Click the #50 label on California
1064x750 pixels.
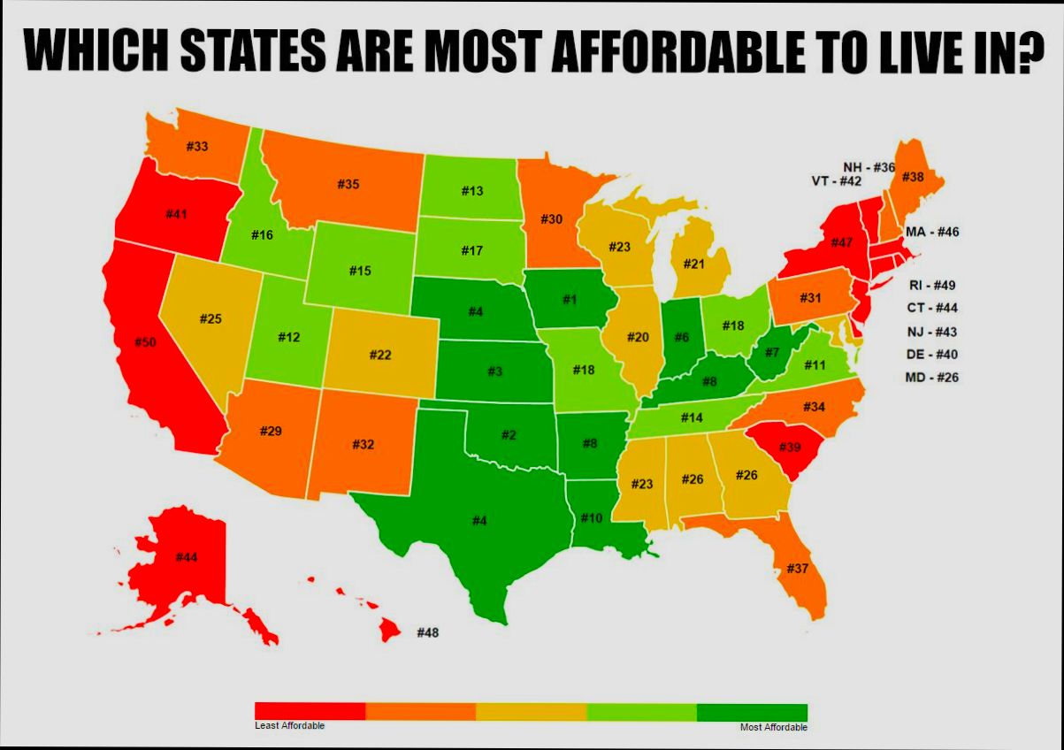pyautogui.click(x=147, y=342)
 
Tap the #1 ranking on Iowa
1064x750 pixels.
pyautogui.click(x=570, y=300)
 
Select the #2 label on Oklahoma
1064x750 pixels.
pyautogui.click(x=509, y=434)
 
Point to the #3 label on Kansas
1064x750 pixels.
pyautogui.click(x=494, y=371)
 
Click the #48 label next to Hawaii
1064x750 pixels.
pyautogui.click(x=427, y=632)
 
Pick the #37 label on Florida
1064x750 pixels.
pyautogui.click(x=798, y=568)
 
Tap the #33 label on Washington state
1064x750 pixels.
pyautogui.click(x=197, y=146)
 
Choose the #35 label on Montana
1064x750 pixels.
pyautogui.click(x=348, y=184)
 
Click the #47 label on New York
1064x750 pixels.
pyautogui.click(x=841, y=242)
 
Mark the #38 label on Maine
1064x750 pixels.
pyautogui.click(x=913, y=177)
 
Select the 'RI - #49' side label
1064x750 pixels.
pyautogui.click(x=931, y=285)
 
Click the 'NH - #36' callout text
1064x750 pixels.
pyautogui.click(x=869, y=167)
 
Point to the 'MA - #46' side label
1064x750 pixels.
pyautogui.click(x=932, y=232)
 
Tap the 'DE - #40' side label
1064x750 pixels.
pyautogui.click(x=931, y=355)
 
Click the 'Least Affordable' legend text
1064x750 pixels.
pyautogui.click(x=289, y=726)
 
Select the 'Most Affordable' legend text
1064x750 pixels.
pyautogui.click(x=773, y=727)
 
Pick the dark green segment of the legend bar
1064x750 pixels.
pyautogui.click(x=752, y=712)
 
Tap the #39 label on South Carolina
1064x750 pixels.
pyautogui.click(x=790, y=447)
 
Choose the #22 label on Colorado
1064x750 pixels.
pyautogui.click(x=379, y=355)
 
